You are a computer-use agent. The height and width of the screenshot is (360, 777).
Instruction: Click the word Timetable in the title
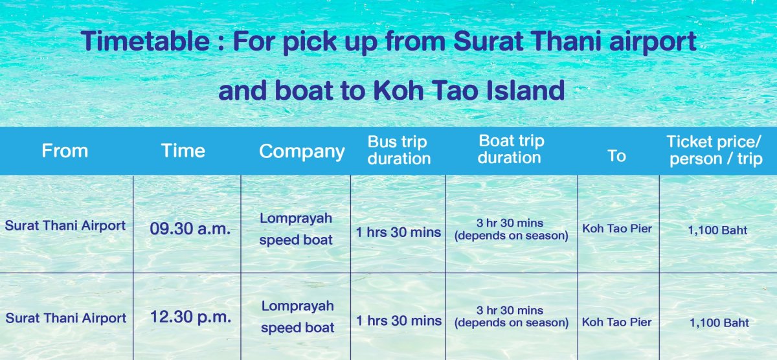(x=145, y=41)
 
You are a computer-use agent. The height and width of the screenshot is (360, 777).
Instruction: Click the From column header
(x=65, y=151)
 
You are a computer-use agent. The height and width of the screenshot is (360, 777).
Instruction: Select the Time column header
(x=183, y=151)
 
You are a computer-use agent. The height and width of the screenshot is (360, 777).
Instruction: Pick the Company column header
(x=302, y=152)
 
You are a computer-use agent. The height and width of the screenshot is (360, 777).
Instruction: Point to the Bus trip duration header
(x=399, y=150)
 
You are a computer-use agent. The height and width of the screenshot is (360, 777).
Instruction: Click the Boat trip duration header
(x=511, y=149)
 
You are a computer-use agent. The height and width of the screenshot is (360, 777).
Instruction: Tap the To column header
(x=616, y=156)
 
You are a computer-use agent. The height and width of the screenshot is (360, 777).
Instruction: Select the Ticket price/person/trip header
(x=715, y=150)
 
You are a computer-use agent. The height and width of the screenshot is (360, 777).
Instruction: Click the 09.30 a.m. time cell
(x=190, y=229)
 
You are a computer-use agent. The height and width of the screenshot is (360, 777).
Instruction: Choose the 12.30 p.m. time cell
(x=190, y=317)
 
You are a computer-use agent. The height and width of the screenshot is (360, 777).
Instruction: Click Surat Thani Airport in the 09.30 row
(x=65, y=225)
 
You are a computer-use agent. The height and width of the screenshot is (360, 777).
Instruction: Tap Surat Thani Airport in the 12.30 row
(x=66, y=318)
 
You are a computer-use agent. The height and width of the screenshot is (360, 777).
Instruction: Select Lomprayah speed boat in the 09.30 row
(x=296, y=229)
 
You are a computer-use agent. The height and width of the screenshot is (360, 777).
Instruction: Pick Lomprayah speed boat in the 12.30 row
(x=298, y=317)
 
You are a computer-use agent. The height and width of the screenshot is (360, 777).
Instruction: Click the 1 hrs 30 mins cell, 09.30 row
(x=399, y=232)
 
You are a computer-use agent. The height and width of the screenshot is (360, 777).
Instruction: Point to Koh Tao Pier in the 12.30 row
(x=616, y=322)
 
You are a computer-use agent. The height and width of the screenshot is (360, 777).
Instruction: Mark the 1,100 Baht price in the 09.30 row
(x=717, y=231)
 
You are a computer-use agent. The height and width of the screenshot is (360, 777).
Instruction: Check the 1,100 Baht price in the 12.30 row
(x=719, y=323)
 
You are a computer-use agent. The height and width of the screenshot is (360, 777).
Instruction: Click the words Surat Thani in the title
(x=527, y=41)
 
